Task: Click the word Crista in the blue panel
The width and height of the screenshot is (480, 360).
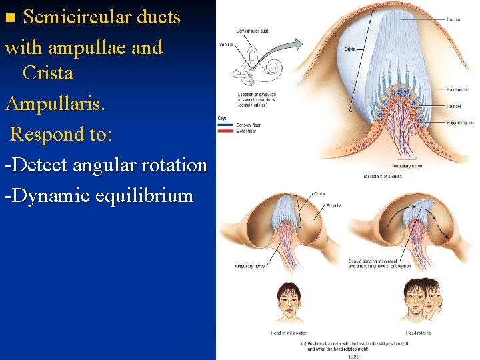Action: [47, 73]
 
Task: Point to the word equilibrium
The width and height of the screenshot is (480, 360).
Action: [143, 196]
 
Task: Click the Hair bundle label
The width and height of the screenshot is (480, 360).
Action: [457, 89]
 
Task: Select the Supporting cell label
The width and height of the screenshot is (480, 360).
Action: [459, 123]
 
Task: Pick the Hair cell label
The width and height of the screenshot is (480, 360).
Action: [454, 105]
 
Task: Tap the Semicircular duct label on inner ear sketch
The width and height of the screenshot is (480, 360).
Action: [252, 31]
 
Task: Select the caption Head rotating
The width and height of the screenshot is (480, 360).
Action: [419, 332]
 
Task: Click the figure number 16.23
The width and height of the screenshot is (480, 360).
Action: [354, 356]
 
